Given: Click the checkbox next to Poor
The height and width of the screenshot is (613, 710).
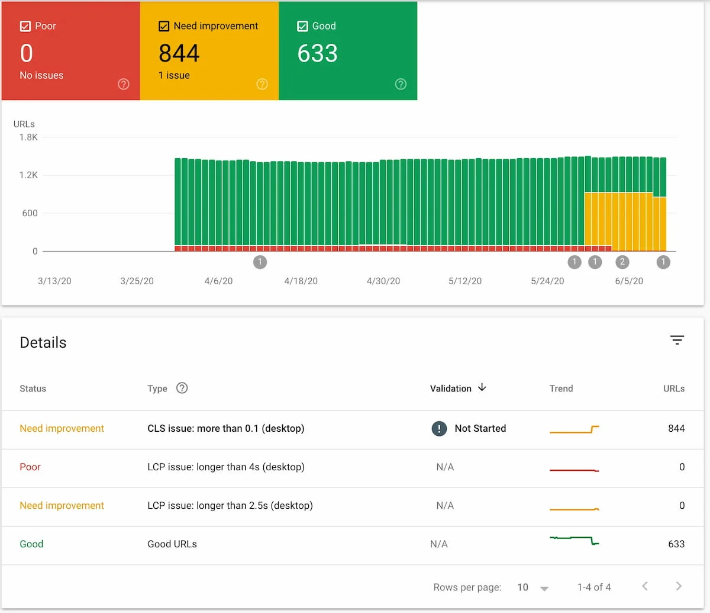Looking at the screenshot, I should pos(25,26).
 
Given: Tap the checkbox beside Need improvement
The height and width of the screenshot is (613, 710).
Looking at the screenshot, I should pos(164,26).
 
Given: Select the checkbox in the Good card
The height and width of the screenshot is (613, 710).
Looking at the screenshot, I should pos(302,26).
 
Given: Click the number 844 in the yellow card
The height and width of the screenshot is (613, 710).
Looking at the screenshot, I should pos(179,53).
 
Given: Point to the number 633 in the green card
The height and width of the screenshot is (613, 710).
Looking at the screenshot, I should pos(318,53).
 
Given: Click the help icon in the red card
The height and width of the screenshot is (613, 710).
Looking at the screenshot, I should pos(124,84).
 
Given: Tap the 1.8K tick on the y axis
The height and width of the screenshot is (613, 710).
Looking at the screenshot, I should pos(28,137).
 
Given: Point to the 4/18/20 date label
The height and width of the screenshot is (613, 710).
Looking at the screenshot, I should pos(301,281).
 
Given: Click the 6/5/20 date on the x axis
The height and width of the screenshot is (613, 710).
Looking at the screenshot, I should pos(629,281).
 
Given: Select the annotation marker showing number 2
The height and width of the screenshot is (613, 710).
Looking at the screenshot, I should pos(622,262).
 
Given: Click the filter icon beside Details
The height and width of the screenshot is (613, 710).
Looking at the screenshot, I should pos(677,340).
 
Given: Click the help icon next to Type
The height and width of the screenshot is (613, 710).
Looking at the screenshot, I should pos(182,388).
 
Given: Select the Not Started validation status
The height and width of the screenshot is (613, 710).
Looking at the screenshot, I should pos(480,428).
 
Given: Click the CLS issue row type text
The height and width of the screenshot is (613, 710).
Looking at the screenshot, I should pos(225,428).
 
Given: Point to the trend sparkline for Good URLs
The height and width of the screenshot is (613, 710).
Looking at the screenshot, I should pos(575,540).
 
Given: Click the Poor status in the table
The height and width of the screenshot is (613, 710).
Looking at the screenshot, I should pos(30,467).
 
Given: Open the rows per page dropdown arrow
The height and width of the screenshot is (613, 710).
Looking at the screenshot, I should pos(544,588).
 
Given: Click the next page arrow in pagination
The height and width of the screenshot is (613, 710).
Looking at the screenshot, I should pos(679,586).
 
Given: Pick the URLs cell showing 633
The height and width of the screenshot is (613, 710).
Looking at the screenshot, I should pos(676,544).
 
